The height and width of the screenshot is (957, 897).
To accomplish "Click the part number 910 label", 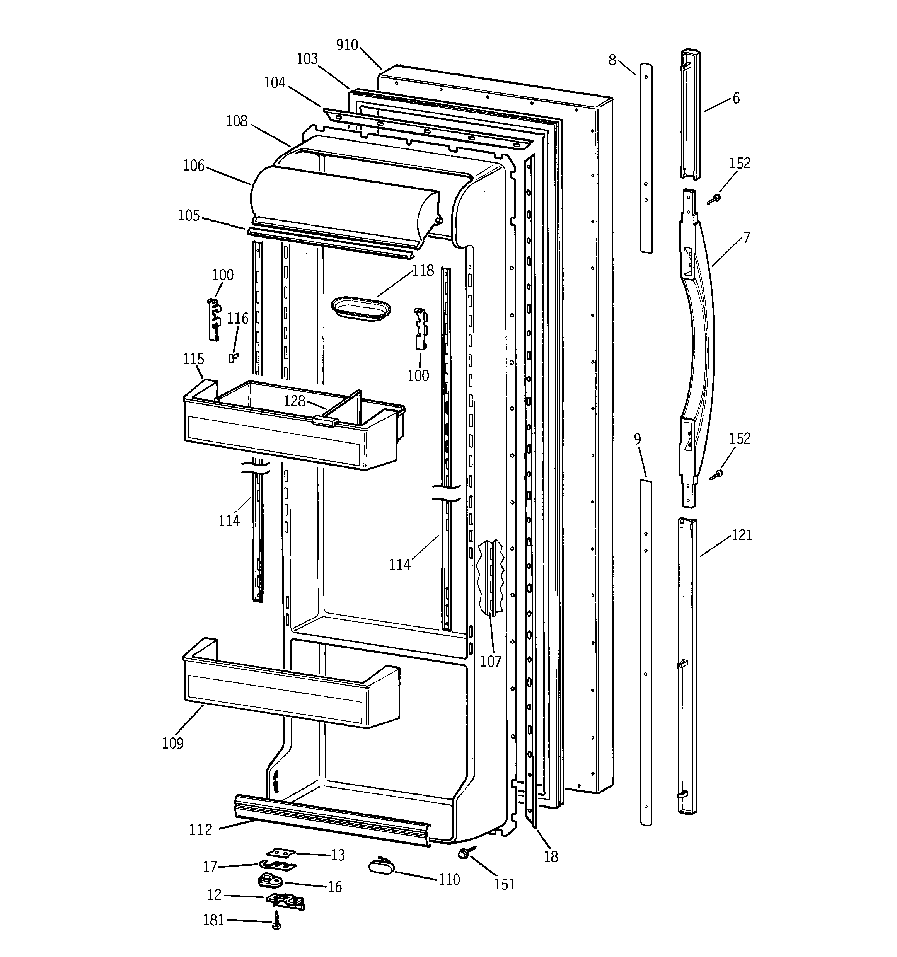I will pyautogui.click(x=347, y=45).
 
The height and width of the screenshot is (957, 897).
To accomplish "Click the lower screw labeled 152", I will pyautogui.click(x=717, y=475).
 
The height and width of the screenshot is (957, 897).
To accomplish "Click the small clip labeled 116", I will pyautogui.click(x=232, y=358).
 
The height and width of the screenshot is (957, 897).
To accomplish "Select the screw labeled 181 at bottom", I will pyautogui.click(x=276, y=920).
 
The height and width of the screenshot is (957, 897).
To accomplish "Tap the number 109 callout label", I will pyautogui.click(x=173, y=744).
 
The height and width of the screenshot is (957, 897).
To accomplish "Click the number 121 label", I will pyautogui.click(x=742, y=535).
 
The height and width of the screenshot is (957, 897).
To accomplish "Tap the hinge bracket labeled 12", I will pyautogui.click(x=285, y=899).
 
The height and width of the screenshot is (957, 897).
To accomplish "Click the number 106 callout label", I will pyautogui.click(x=194, y=165).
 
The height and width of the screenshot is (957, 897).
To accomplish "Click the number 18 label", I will pyautogui.click(x=551, y=856).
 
